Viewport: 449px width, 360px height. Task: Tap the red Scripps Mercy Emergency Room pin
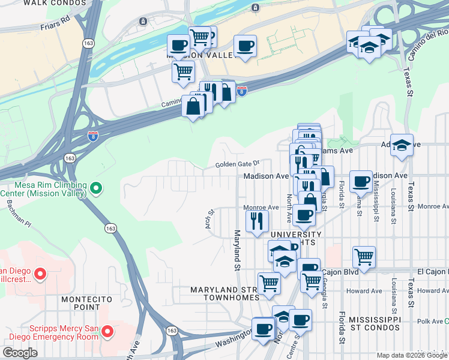coord(107,331)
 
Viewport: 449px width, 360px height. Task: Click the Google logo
coord(20,353)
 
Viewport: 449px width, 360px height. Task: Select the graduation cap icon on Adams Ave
coord(402,144)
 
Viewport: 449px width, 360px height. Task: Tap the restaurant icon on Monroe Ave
coord(258,221)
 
